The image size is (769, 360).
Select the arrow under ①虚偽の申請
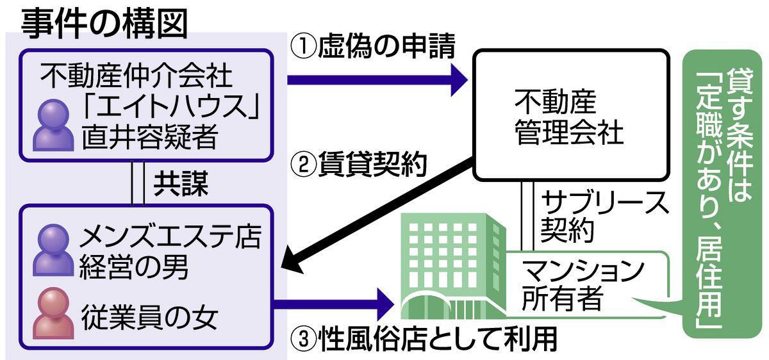point(378,79)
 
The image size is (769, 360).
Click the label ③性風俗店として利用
point(423,340)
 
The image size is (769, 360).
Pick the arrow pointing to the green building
point(333,300)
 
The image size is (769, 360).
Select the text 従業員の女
point(151,314)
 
